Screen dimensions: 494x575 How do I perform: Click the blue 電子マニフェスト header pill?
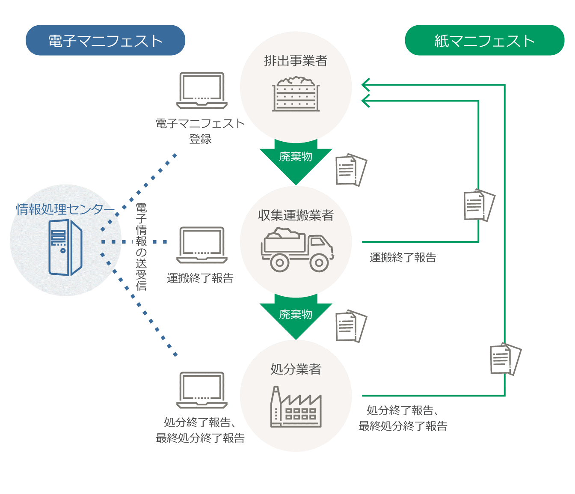(105, 40)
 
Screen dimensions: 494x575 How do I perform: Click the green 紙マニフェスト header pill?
(484, 40)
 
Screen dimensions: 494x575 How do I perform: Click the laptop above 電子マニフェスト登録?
(202, 90)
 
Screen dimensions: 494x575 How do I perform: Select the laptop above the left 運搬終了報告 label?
(202, 245)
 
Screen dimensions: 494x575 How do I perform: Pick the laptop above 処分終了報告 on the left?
(202, 390)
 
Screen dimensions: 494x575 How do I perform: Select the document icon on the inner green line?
(479, 205)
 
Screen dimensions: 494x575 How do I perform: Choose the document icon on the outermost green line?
(505, 359)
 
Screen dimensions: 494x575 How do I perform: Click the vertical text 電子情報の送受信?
(141, 247)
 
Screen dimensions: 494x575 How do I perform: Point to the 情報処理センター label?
(65, 209)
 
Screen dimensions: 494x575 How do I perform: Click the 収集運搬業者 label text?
(296, 215)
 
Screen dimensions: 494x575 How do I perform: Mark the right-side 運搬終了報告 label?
(403, 257)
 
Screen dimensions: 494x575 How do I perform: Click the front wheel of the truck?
(319, 262)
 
